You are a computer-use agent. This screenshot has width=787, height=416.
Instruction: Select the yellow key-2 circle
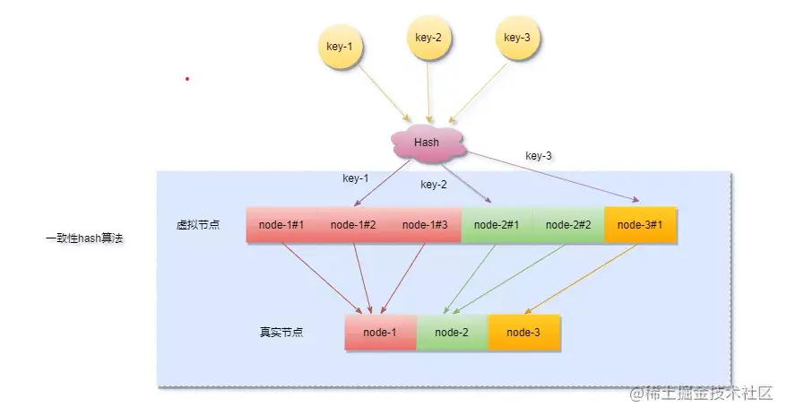click(428, 38)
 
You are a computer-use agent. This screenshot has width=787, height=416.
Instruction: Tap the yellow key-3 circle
click(517, 38)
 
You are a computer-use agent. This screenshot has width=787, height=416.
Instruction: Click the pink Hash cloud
click(427, 143)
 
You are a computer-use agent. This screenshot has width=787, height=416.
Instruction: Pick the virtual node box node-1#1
click(281, 225)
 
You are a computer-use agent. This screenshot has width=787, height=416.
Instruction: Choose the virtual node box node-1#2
click(353, 225)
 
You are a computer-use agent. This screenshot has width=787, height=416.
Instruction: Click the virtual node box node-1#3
click(425, 225)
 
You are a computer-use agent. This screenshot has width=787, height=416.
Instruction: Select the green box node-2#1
click(497, 225)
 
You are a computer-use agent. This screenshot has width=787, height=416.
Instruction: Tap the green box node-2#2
click(568, 225)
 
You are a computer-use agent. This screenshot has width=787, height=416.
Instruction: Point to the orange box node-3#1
click(640, 225)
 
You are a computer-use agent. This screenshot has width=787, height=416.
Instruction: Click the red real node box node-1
click(380, 333)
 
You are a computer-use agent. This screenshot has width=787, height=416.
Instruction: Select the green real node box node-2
click(452, 333)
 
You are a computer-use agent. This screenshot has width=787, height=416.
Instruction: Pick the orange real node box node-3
click(523, 333)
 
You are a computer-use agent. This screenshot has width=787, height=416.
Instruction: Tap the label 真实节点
click(281, 333)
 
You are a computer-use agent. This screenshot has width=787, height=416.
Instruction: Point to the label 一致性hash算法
click(83, 239)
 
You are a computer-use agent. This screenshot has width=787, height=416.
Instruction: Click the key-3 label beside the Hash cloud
click(538, 156)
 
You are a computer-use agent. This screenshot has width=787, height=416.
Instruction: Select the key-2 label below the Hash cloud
click(433, 185)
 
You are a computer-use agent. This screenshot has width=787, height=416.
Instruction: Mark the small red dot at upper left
click(187, 79)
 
